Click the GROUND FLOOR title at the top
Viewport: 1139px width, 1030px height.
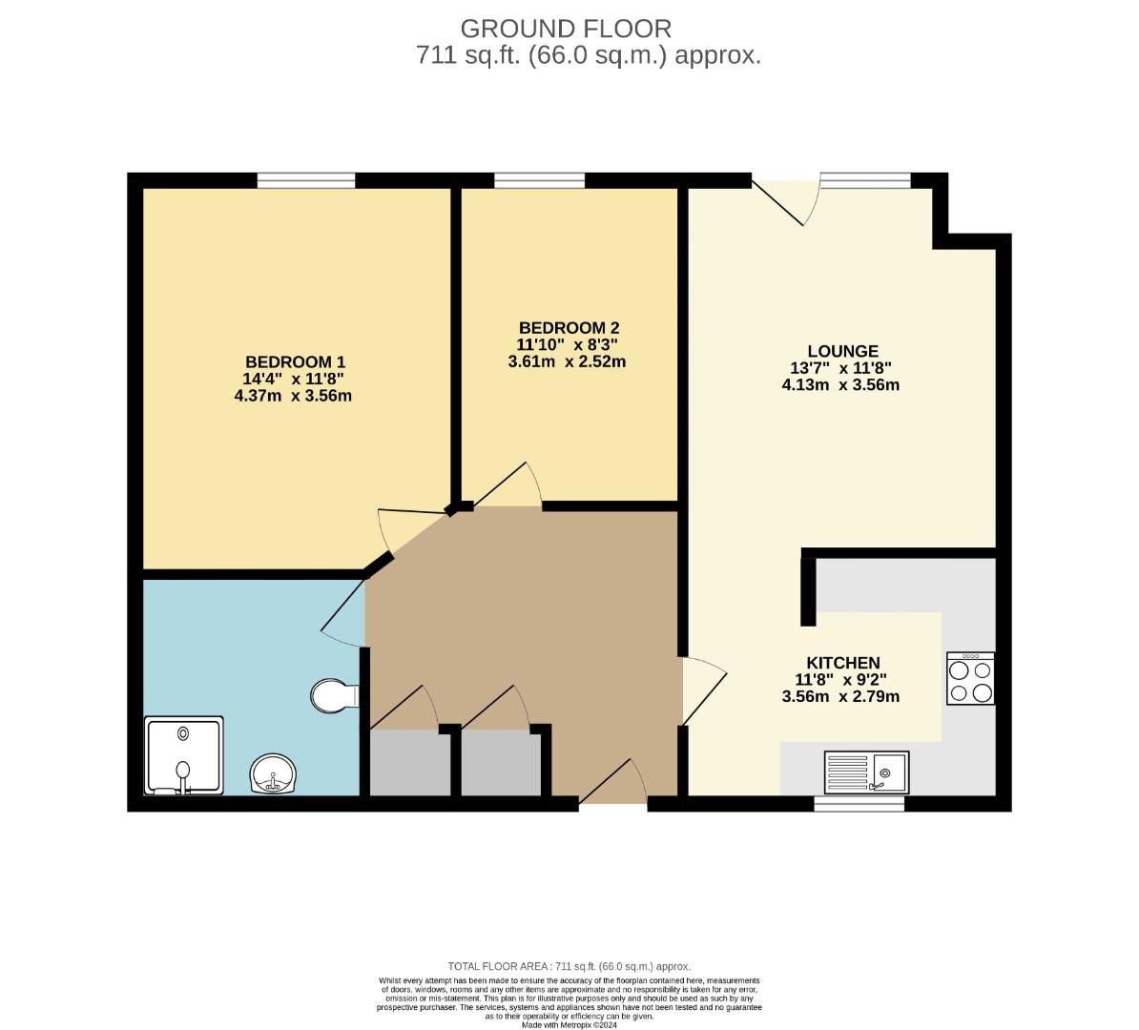pyautogui.click(x=566, y=28)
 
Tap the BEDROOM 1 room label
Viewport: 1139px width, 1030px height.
pyautogui.click(x=295, y=362)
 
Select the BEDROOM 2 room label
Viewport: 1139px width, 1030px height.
pyautogui.click(x=569, y=328)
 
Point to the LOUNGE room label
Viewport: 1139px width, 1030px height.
pyautogui.click(x=841, y=351)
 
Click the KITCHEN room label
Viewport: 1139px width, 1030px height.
pyautogui.click(x=842, y=663)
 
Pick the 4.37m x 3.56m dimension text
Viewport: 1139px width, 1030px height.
pyautogui.click(x=293, y=396)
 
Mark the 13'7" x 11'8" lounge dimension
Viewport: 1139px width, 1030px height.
pyautogui.click(x=840, y=368)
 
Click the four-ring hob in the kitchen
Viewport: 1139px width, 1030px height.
pyautogui.click(x=970, y=678)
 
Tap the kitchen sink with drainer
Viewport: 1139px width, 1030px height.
pyautogui.click(x=865, y=772)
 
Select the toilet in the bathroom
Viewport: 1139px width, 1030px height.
pyautogui.click(x=332, y=695)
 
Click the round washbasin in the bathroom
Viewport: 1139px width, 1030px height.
pyautogui.click(x=274, y=773)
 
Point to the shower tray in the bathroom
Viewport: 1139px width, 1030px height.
pyautogui.click(x=183, y=755)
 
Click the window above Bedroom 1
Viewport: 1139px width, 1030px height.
pyautogui.click(x=305, y=180)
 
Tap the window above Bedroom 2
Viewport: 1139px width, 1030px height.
pyautogui.click(x=539, y=180)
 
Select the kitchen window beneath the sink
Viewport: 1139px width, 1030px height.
pyautogui.click(x=859, y=804)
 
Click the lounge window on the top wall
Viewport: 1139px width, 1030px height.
pyautogui.click(x=865, y=180)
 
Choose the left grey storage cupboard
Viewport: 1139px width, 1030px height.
pyautogui.click(x=409, y=763)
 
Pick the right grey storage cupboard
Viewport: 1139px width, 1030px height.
pyautogui.click(x=501, y=763)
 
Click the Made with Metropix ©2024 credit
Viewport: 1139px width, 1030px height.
pyautogui.click(x=569, y=1025)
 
